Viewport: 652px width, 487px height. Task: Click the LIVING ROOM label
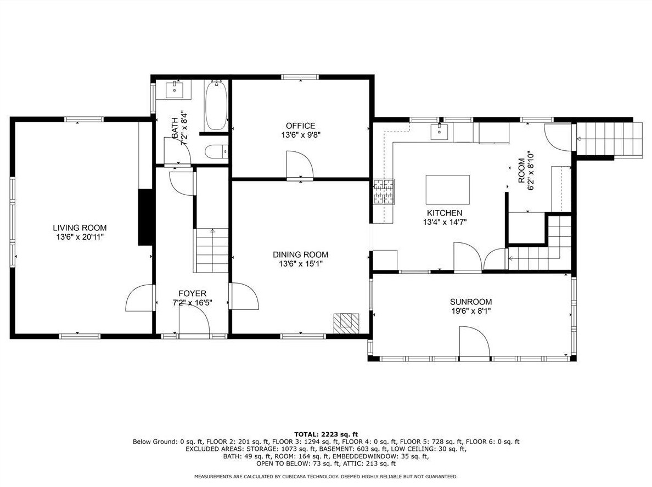80,228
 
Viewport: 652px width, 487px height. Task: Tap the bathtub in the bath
216,105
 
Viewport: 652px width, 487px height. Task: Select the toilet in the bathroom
217,152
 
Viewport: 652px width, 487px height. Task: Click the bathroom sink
174,88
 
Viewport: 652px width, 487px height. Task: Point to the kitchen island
448,190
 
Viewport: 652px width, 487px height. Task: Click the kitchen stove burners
384,192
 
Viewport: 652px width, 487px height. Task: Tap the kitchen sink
439,132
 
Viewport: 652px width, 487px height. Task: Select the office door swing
300,166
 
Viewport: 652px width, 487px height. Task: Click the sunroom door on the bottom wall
474,342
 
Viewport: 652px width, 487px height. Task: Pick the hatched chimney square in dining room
346,323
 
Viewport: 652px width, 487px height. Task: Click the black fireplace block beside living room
145,217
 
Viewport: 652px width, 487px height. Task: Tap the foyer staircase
212,250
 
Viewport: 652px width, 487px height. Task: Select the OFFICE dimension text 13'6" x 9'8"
301,135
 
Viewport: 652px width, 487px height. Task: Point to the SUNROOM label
471,302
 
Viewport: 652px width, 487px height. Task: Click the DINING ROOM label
301,254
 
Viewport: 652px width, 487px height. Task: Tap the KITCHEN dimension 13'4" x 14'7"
445,222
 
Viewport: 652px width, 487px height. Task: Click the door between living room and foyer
140,297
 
